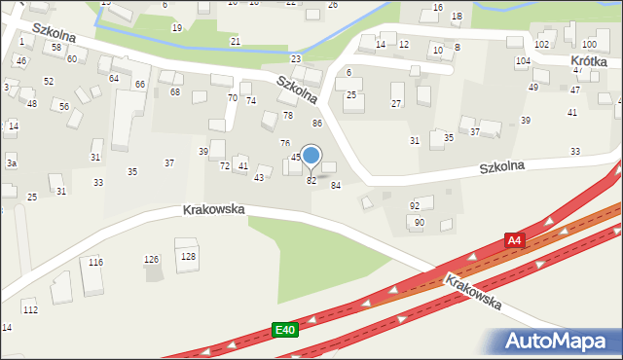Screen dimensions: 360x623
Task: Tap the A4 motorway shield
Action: [x=514, y=239]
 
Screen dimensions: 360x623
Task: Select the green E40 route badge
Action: [x=284, y=331]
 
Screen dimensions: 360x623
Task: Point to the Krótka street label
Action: [x=588, y=60]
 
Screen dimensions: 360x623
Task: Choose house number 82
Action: [x=311, y=181]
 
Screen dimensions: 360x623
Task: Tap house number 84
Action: [x=336, y=185]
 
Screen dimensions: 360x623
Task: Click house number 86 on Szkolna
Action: [x=316, y=124]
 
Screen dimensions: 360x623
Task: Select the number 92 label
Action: [x=415, y=206]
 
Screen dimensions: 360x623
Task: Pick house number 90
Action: [x=420, y=223]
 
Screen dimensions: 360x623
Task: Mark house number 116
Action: [x=95, y=263]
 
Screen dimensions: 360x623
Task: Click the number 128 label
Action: [x=188, y=256]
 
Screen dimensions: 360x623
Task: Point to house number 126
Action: [x=151, y=260]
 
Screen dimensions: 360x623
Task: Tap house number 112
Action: [x=30, y=309]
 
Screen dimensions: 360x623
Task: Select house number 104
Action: [x=523, y=61]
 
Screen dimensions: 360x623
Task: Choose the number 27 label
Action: [x=396, y=103]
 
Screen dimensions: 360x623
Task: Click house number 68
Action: [x=175, y=92]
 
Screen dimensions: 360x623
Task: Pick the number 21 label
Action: [x=236, y=42]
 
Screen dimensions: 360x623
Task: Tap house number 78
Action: [x=287, y=116]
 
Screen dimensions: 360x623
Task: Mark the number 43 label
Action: [x=259, y=178]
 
